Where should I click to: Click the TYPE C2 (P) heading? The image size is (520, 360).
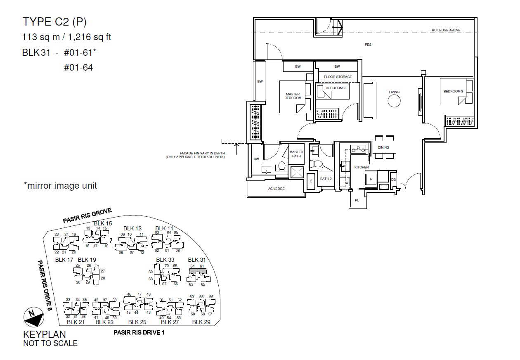click(x=54, y=22)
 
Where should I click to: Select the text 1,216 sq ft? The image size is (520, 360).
click(x=90, y=37)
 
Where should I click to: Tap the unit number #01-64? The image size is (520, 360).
click(x=78, y=68)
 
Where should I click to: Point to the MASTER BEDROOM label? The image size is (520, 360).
click(x=293, y=96)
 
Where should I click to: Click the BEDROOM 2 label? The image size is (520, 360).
click(x=336, y=88)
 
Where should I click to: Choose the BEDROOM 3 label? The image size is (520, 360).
click(x=453, y=91)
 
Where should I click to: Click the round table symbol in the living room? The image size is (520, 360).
click(x=394, y=101)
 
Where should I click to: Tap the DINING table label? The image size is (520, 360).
click(x=383, y=147)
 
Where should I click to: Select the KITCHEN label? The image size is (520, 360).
click(x=362, y=167)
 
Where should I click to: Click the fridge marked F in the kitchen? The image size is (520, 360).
click(x=371, y=179)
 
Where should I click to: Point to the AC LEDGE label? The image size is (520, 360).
click(x=276, y=189)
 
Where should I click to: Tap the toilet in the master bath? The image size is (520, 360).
click(x=282, y=166)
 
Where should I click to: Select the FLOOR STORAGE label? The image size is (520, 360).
click(x=338, y=77)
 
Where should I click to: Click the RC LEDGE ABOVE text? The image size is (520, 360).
click(x=446, y=30)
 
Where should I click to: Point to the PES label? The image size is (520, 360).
click(x=368, y=45)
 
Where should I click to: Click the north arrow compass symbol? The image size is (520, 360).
click(x=34, y=317)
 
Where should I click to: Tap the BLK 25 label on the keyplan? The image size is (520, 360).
click(x=137, y=322)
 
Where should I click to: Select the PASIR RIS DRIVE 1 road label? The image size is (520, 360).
click(x=139, y=333)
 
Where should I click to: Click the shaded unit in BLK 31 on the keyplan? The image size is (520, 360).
click(x=198, y=271)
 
